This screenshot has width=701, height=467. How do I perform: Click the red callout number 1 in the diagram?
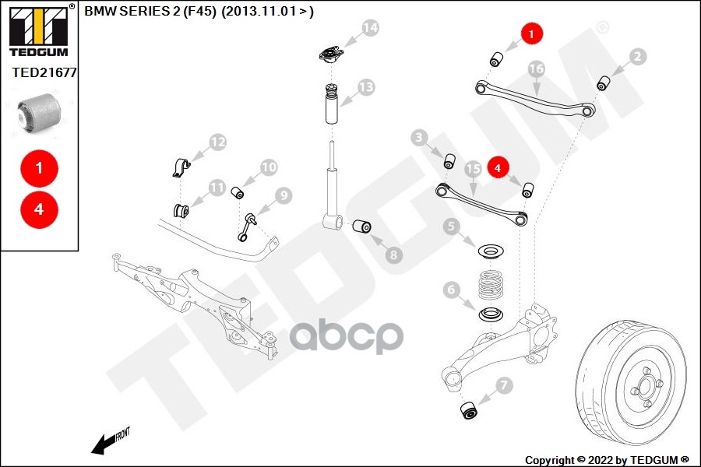point(531,33)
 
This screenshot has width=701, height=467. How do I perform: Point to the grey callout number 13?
point(365,86)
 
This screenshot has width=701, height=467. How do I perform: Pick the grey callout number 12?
point(217,142)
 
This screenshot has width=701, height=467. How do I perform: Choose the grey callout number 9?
point(282,195)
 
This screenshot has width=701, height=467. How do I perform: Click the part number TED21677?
point(44,72)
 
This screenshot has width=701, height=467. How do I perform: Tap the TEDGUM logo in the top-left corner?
point(38,31)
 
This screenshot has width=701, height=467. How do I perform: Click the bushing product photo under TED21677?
point(39,111)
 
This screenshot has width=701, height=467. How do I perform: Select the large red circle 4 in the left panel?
point(39,209)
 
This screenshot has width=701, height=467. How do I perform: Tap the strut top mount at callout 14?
point(332,57)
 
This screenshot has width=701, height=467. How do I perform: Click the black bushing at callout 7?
point(470,409)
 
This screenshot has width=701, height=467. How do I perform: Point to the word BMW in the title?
point(97,10)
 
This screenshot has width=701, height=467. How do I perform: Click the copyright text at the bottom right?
point(607,460)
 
